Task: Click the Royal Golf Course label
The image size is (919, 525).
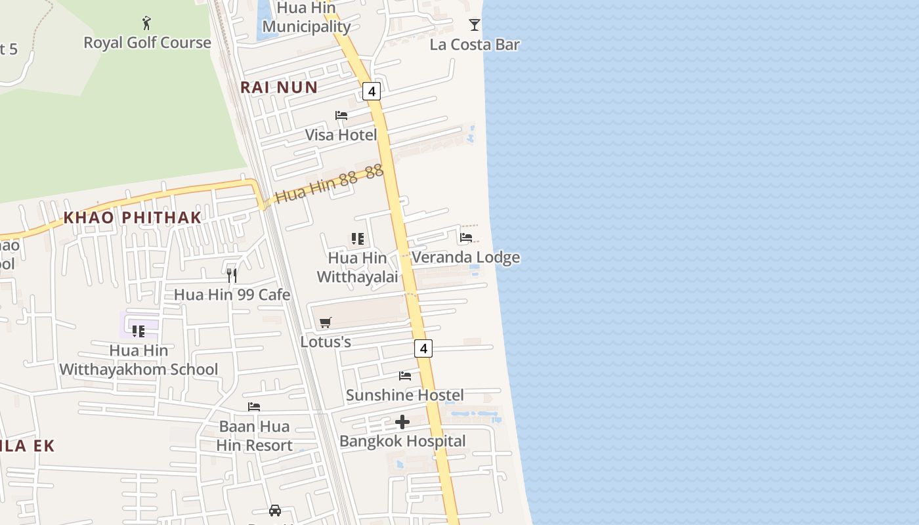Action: pyautogui.click(x=147, y=43)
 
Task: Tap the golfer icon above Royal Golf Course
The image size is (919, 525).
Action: pyautogui.click(x=146, y=24)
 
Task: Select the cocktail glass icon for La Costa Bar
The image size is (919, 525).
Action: pyautogui.click(x=475, y=25)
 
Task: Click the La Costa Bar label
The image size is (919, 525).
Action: pyautogui.click(x=475, y=45)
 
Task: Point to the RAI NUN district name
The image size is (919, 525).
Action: pyautogui.click(x=279, y=87)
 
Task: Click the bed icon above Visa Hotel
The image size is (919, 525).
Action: pyautogui.click(x=341, y=115)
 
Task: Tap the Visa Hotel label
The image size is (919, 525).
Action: pyautogui.click(x=341, y=135)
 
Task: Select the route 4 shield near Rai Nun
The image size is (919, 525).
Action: pyautogui.click(x=372, y=91)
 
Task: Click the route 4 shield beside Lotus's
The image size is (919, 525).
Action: pyautogui.click(x=423, y=348)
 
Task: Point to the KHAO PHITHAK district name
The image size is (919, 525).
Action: pyautogui.click(x=133, y=217)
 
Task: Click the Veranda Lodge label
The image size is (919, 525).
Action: pyautogui.click(x=465, y=257)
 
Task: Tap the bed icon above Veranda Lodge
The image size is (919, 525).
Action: pyautogui.click(x=466, y=238)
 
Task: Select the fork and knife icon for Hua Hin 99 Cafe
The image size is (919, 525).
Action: pyautogui.click(x=231, y=275)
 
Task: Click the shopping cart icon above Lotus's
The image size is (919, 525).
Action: pyautogui.click(x=326, y=322)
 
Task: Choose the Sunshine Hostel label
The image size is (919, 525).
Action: pyautogui.click(x=405, y=395)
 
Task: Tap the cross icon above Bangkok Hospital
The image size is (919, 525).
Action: pyautogui.click(x=402, y=421)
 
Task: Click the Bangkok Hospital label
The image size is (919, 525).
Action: pyautogui.click(x=402, y=441)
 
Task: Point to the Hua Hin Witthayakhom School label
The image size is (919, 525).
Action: pyautogui.click(x=139, y=360)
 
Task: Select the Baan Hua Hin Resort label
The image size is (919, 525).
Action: pyautogui.click(x=254, y=436)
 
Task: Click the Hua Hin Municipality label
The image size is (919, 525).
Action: pyautogui.click(x=306, y=18)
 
